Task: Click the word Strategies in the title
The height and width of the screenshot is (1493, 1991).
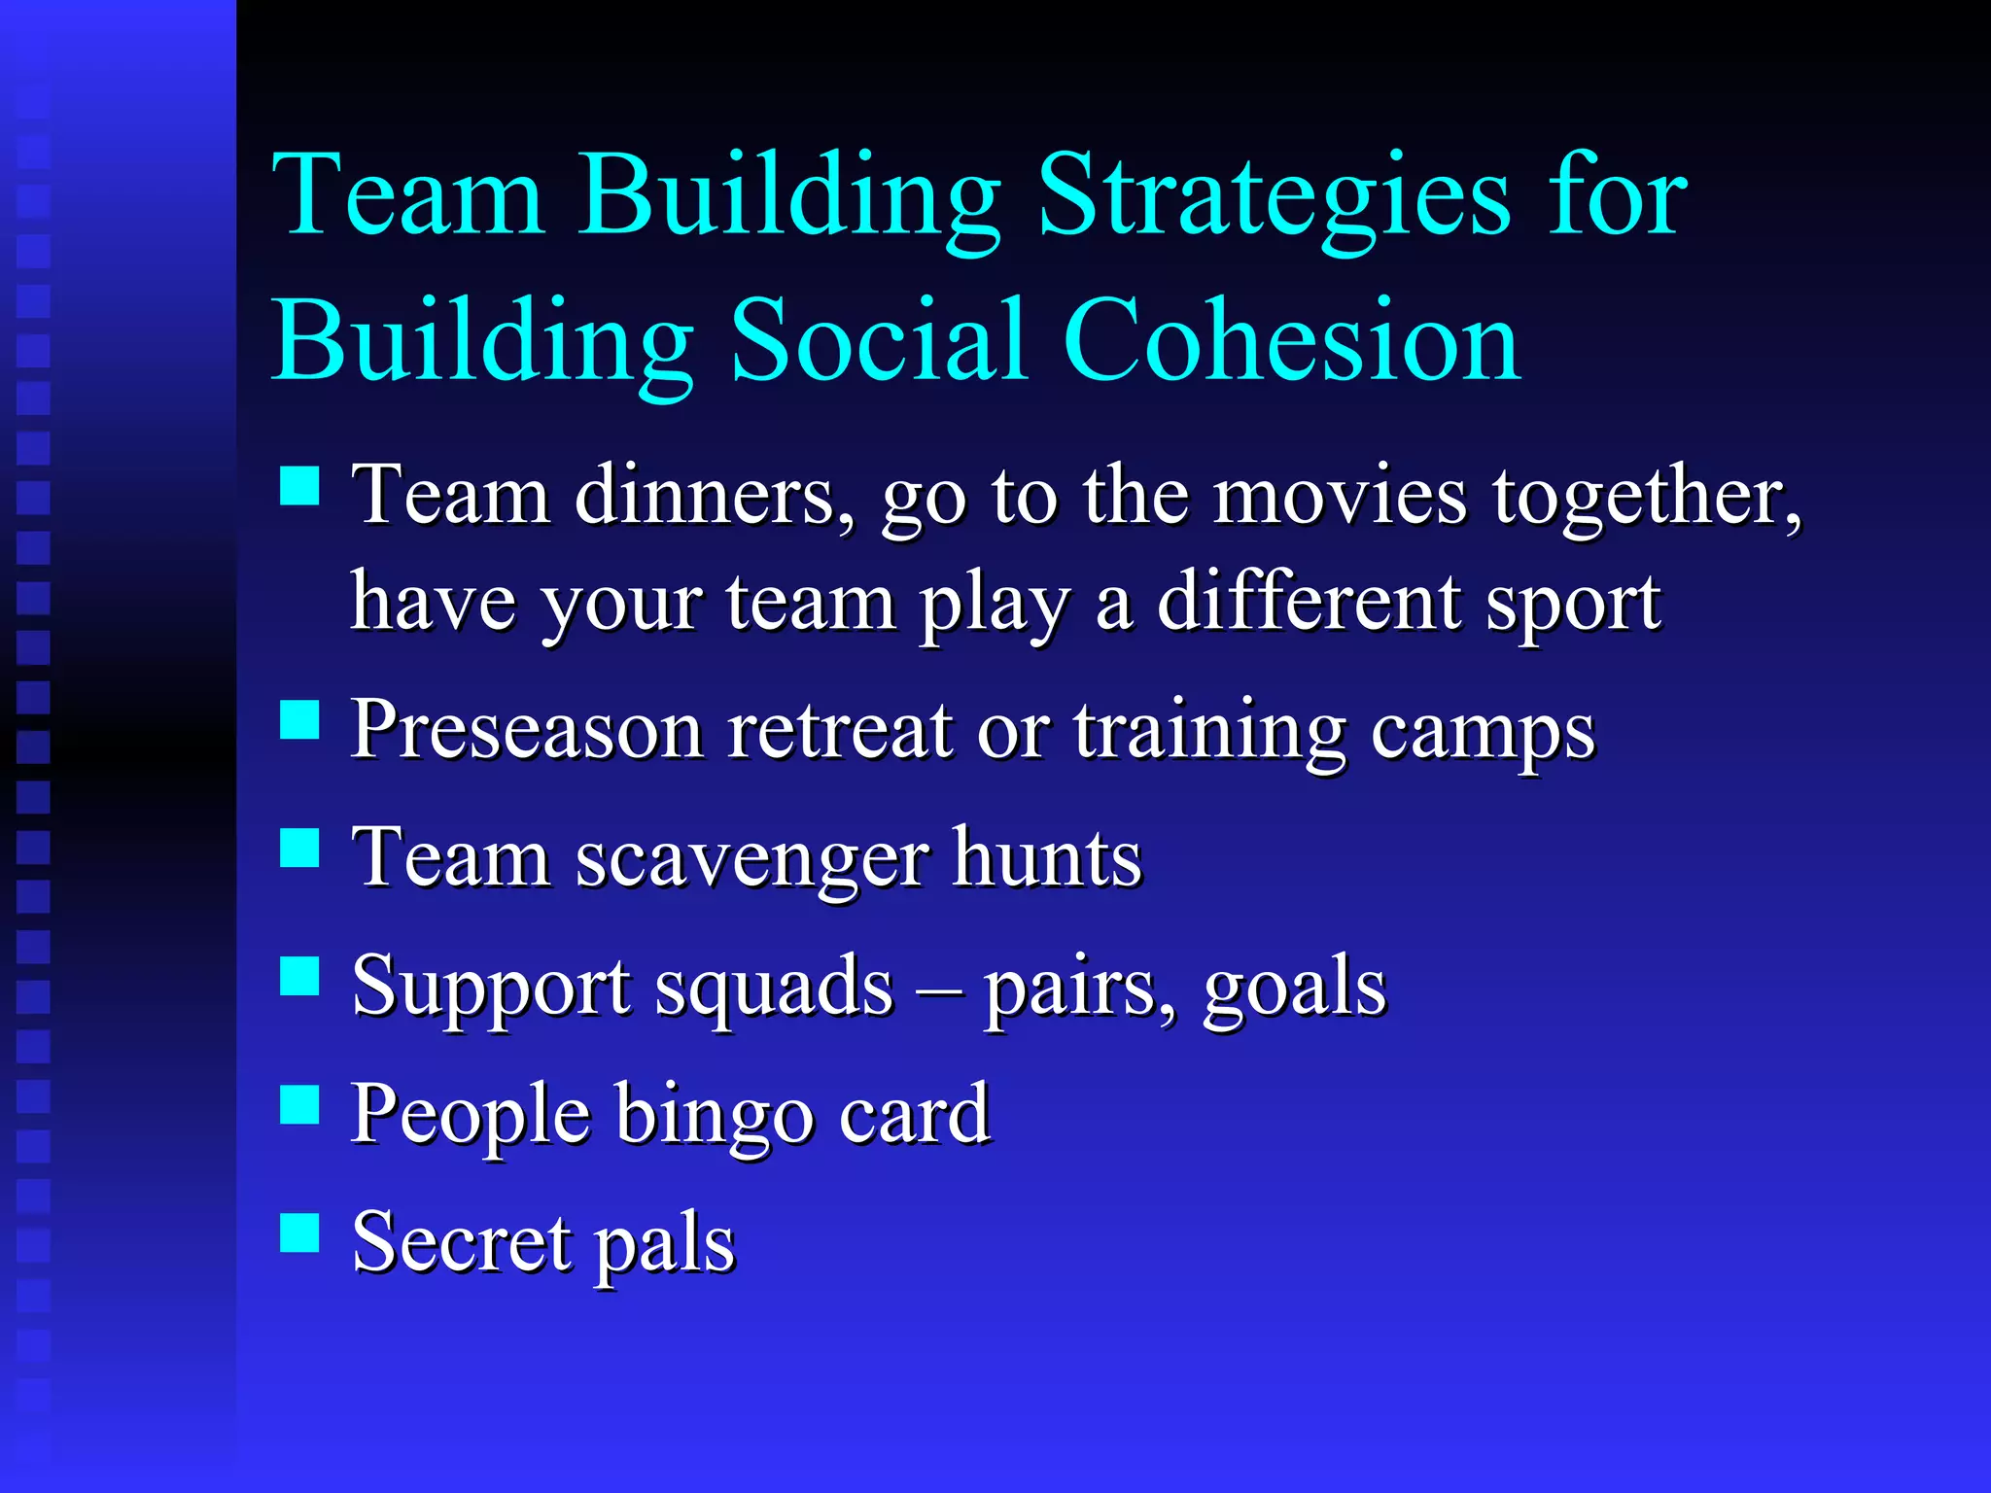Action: click(1274, 199)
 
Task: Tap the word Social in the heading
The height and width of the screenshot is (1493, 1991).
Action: click(879, 340)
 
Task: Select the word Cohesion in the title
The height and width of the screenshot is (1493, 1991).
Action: click(1293, 340)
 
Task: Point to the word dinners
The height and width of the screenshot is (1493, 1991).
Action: click(716, 498)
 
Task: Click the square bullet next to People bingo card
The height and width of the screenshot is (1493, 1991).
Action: click(299, 1104)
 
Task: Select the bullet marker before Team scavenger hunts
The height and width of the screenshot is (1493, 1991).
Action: click(299, 848)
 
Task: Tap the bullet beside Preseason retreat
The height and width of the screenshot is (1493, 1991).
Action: click(299, 720)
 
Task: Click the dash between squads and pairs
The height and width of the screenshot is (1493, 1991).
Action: click(938, 991)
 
